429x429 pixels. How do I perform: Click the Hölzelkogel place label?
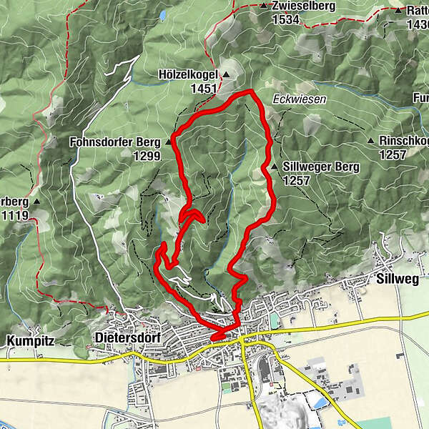pyautogui.click(x=188, y=74)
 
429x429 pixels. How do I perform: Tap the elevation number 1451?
pyautogui.click(x=204, y=88)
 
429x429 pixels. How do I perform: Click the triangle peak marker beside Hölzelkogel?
pyautogui.click(x=226, y=74)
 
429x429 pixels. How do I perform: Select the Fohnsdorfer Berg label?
pyautogui.click(x=116, y=142)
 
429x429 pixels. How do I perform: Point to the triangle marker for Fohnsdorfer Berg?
pyautogui.click(x=169, y=142)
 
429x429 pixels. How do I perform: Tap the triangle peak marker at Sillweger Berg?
pyautogui.click(x=274, y=167)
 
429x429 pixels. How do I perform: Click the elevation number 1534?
pyautogui.click(x=285, y=20)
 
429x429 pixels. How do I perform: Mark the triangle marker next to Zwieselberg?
pyautogui.click(x=263, y=6)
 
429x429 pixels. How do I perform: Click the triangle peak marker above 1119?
pyautogui.click(x=36, y=201)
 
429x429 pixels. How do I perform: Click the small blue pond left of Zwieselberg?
pyautogui.click(x=162, y=14)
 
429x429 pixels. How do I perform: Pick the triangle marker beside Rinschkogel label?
pyautogui.click(x=371, y=141)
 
